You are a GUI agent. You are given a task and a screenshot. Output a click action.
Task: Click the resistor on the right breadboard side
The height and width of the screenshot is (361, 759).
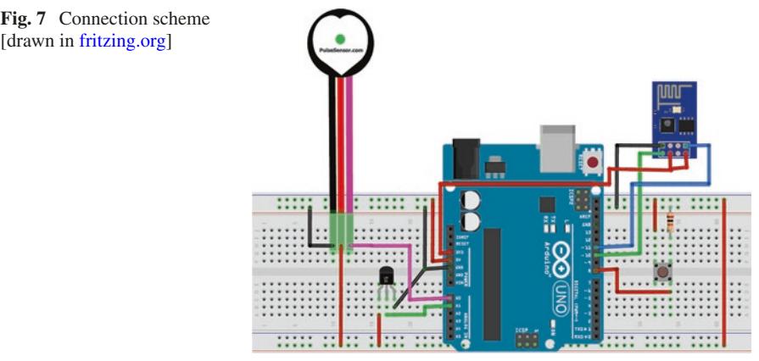[x=672, y=222]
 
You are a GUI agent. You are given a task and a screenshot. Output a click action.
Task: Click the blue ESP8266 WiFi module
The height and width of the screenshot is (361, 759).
[x=673, y=119]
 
